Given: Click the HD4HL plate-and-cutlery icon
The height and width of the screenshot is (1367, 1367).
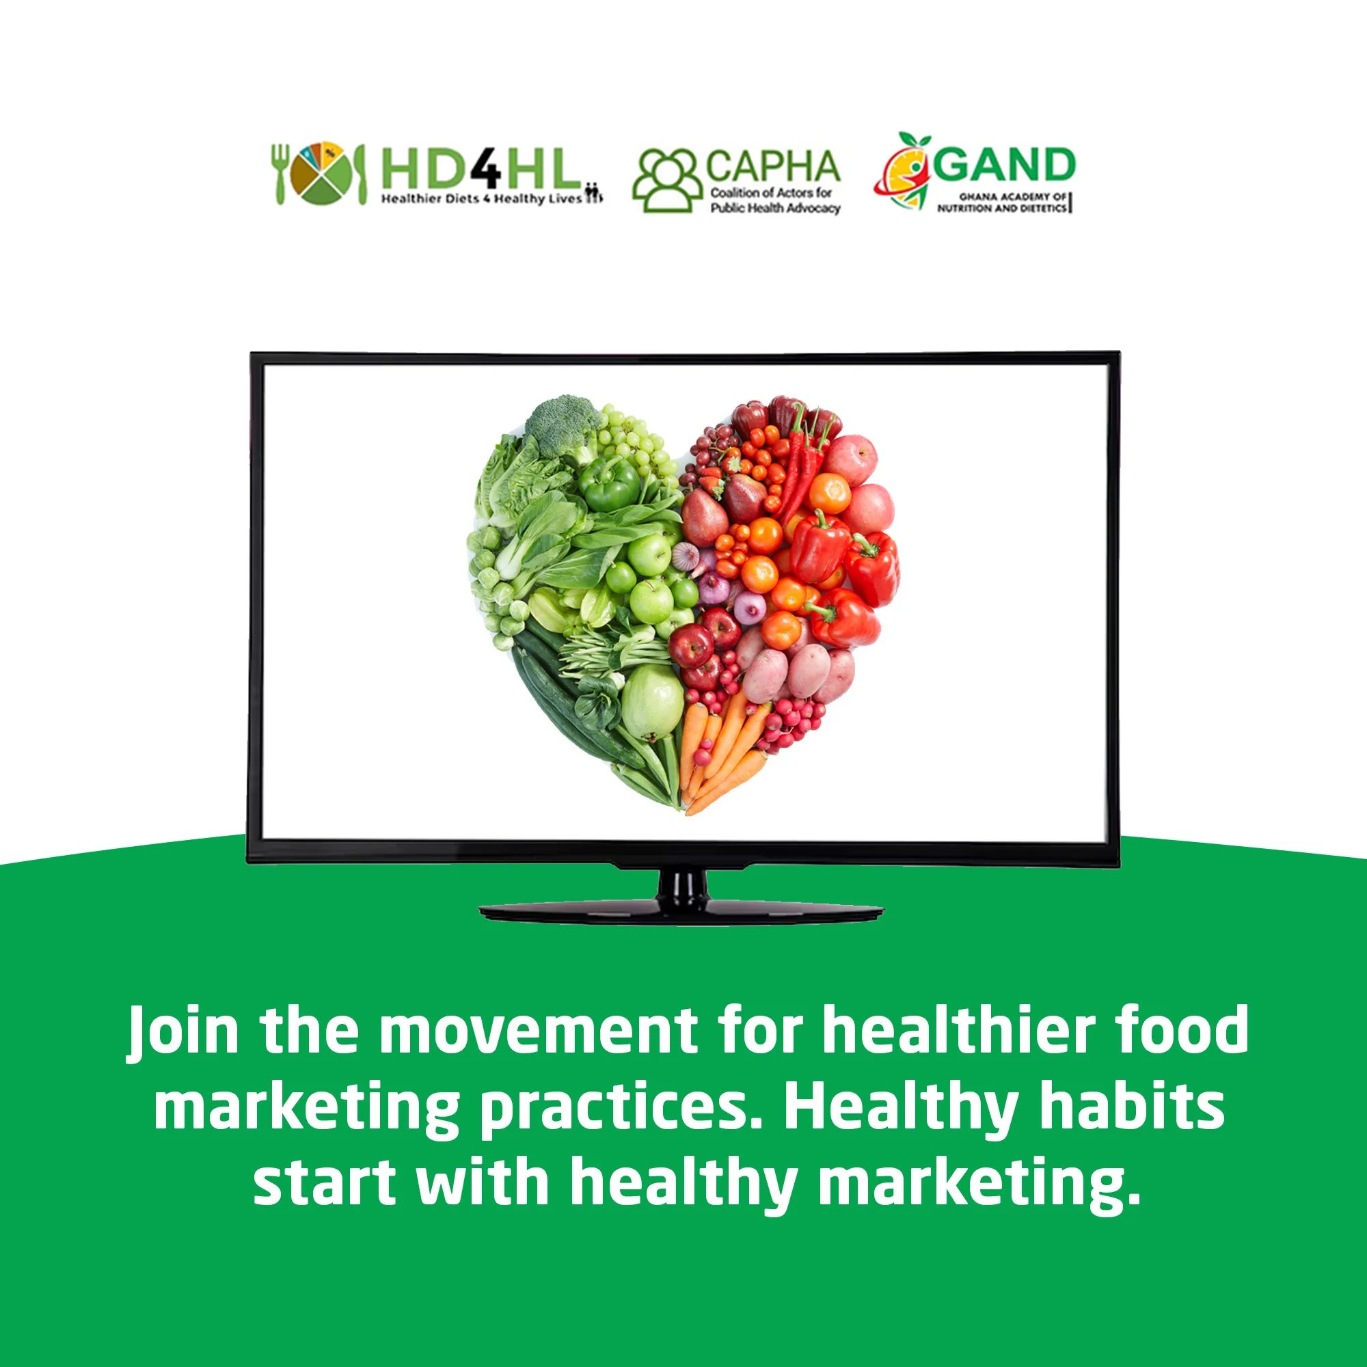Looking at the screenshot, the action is click(320, 174).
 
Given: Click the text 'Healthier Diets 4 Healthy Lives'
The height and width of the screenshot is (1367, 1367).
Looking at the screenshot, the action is click(481, 199).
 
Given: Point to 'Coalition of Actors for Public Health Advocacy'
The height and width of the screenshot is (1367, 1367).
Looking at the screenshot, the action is click(775, 200).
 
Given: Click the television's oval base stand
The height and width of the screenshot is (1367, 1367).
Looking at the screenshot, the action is click(681, 912).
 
